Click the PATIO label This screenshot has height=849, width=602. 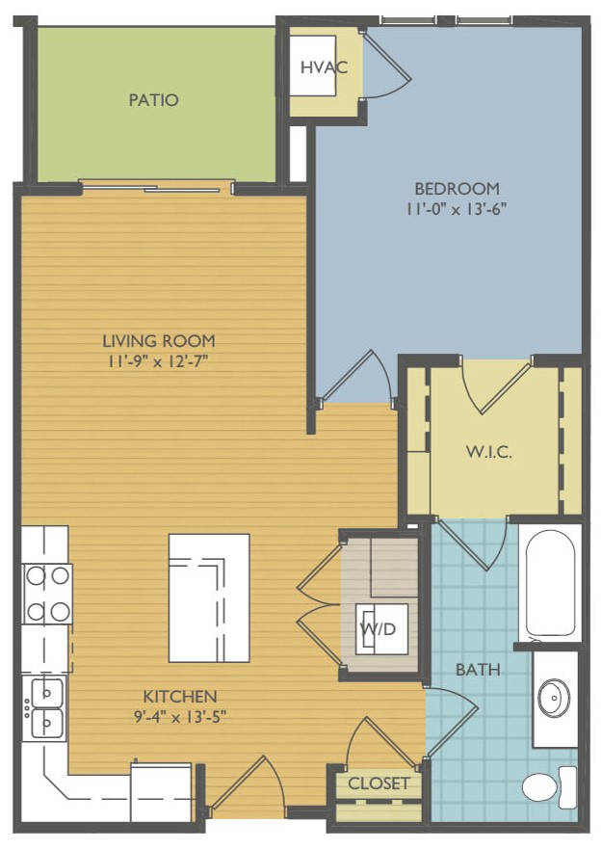(x=153, y=99)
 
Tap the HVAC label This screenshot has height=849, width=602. (x=324, y=67)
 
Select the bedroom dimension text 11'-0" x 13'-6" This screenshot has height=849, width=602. (x=457, y=209)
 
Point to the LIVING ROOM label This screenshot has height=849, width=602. (x=159, y=340)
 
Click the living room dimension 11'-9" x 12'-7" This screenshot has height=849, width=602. (x=159, y=361)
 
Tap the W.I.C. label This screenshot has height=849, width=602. (x=489, y=452)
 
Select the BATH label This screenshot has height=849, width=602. (x=478, y=670)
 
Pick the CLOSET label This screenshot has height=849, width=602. (x=379, y=783)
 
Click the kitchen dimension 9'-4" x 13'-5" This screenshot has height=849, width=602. (x=180, y=717)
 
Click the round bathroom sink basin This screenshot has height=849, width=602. (x=554, y=698)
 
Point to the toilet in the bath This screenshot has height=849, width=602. (x=549, y=788)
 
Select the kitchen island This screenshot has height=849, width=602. (x=209, y=597)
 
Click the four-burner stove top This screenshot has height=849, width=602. (x=47, y=594)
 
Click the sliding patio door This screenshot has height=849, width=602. (x=157, y=188)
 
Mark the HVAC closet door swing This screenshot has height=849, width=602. (x=385, y=65)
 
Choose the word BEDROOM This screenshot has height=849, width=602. (x=457, y=189)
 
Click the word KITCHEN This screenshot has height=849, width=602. (x=180, y=697)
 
